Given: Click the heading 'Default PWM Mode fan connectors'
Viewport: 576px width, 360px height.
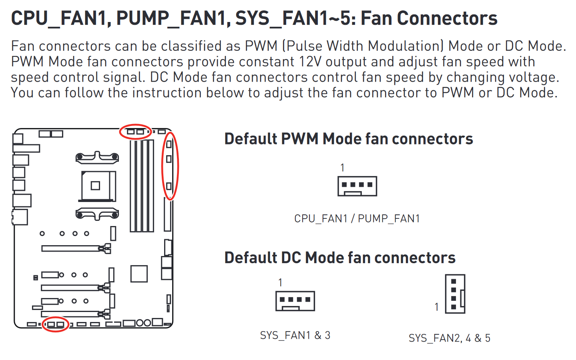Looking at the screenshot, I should tap(348, 139).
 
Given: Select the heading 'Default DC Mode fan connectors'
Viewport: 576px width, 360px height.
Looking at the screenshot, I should tap(340, 258).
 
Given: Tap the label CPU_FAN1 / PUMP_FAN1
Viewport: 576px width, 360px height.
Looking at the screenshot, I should tap(357, 218).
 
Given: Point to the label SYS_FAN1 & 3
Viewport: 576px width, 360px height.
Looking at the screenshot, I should tap(295, 335).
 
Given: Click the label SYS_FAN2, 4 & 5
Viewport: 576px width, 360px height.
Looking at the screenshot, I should tap(449, 338).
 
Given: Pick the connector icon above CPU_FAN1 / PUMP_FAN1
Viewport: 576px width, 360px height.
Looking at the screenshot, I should tap(357, 186).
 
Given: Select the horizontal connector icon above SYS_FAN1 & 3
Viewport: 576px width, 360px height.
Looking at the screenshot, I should tap(295, 301).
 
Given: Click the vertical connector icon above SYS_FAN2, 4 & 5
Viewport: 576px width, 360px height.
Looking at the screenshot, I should tap(455, 294).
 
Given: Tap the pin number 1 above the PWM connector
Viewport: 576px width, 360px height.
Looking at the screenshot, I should tap(342, 168).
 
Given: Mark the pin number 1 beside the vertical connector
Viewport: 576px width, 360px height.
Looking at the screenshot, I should tap(437, 307).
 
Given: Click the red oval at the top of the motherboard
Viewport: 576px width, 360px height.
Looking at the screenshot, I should tap(136, 131).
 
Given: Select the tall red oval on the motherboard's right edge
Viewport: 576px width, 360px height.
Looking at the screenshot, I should tap(170, 166).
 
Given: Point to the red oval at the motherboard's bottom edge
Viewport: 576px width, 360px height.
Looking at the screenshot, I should tap(56, 324).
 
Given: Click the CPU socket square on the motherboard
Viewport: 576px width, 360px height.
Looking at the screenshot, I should tap(96, 186).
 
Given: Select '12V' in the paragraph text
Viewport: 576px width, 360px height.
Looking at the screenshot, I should tap(311, 62).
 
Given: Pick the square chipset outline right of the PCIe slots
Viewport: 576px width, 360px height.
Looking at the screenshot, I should tap(139, 274).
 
